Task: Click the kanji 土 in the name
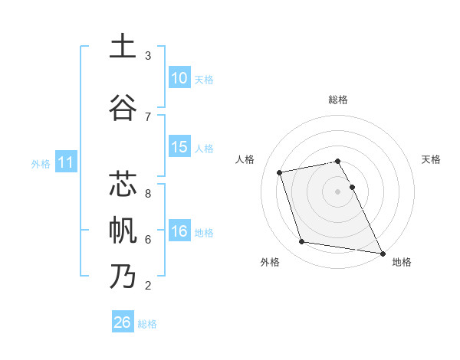click(x=123, y=47)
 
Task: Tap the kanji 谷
click(x=123, y=106)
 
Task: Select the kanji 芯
click(x=123, y=185)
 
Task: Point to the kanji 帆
click(x=123, y=230)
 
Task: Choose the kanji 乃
click(x=123, y=276)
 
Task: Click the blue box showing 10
click(x=179, y=78)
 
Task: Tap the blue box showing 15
click(x=179, y=147)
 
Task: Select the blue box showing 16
click(x=179, y=232)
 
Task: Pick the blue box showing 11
click(x=66, y=162)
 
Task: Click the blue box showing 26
click(x=123, y=322)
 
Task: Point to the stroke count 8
click(x=148, y=193)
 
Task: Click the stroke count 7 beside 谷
click(x=148, y=116)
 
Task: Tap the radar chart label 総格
click(x=338, y=100)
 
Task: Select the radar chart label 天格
click(x=432, y=159)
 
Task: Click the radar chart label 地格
click(x=402, y=262)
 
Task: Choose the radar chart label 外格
click(x=270, y=262)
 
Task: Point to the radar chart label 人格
click(x=245, y=159)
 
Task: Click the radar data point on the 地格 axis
click(x=381, y=252)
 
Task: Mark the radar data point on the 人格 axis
click(x=280, y=172)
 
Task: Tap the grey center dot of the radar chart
click(x=338, y=191)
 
